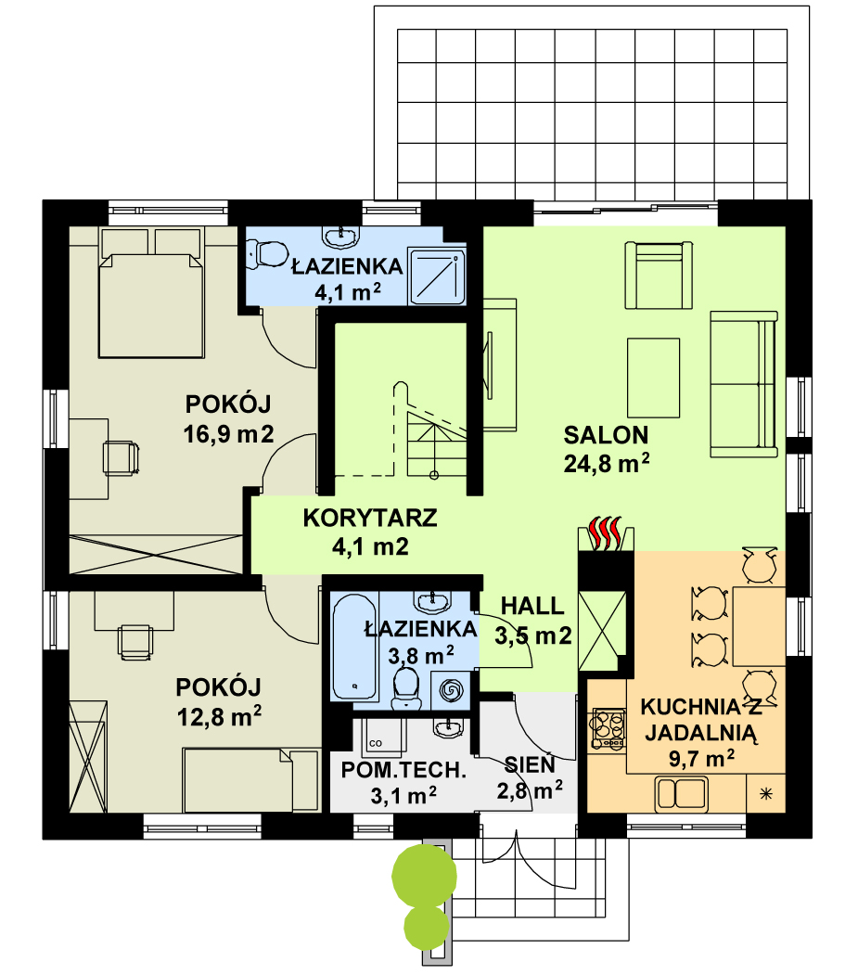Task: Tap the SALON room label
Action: [606, 435]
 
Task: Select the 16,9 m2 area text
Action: [228, 434]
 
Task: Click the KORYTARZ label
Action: [370, 518]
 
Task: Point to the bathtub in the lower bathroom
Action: [353, 647]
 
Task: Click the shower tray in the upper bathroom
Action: [437, 276]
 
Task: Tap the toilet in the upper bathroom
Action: [266, 254]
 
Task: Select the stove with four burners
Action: [608, 728]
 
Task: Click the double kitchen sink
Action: [681, 793]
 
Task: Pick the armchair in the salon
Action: [659, 276]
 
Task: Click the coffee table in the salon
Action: [653, 378]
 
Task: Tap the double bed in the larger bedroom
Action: [151, 293]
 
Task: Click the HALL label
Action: [532, 606]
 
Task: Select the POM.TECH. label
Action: [403, 770]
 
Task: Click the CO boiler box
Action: [381, 738]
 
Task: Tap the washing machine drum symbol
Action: [451, 689]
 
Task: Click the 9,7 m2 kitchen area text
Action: [701, 759]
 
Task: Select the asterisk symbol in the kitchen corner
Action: [766, 793]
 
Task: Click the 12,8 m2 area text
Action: [219, 717]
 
